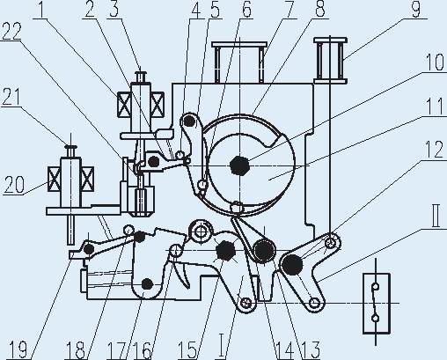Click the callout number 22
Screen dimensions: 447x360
point(11,32)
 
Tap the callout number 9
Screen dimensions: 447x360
point(416,9)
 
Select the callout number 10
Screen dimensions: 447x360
point(435,62)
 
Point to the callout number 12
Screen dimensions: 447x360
point(435,149)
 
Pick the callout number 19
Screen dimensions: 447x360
point(18,350)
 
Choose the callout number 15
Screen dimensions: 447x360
point(187,350)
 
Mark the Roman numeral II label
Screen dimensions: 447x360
point(436,217)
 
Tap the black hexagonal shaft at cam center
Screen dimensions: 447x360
point(240,165)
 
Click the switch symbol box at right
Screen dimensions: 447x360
point(377,304)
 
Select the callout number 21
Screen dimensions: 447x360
point(11,97)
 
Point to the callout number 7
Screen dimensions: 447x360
point(288,9)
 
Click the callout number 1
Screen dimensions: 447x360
point(41,9)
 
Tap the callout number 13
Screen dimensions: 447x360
point(311,350)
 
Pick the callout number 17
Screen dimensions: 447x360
point(117,350)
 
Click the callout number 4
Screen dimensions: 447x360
point(195,10)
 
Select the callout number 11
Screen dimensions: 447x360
point(436,107)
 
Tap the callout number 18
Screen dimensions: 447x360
point(75,350)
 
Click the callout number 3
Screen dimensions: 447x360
point(114,9)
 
